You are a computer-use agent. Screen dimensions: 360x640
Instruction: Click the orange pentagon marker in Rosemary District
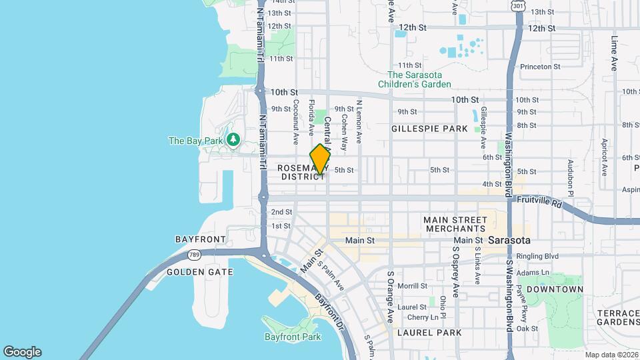320,159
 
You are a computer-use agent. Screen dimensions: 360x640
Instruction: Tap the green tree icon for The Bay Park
233,140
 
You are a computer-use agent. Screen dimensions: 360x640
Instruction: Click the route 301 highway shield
518,6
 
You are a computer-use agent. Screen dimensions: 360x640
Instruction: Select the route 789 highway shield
194,255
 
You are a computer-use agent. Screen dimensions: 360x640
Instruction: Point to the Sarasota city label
509,240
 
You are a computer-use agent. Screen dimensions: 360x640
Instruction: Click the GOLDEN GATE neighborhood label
199,272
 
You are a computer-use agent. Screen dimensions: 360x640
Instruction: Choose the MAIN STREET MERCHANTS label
456,224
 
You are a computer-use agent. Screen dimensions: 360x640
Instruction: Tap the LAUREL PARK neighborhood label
421,332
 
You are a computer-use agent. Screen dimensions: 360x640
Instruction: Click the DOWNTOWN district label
554,289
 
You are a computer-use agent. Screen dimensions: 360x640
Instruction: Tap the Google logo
22,352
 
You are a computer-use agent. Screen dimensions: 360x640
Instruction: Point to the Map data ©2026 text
611,355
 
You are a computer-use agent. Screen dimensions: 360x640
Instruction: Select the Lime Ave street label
613,53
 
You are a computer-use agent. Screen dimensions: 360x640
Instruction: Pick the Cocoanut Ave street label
295,123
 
